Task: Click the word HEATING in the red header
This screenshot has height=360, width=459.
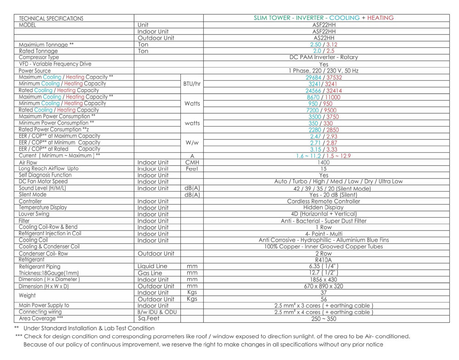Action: [380, 18]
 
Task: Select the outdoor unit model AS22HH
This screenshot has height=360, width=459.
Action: [324, 38]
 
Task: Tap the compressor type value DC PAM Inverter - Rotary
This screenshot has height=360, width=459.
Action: [324, 57]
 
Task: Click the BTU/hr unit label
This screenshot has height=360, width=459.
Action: [192, 83]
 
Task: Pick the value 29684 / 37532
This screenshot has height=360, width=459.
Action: [324, 78]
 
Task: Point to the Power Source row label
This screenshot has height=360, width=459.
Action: [34, 71]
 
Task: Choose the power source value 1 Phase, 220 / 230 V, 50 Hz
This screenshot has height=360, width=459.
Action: [324, 71]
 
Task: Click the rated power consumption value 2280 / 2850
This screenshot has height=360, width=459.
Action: [324, 130]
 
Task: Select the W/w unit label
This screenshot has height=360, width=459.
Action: [192, 143]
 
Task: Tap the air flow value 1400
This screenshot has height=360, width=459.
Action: [324, 162]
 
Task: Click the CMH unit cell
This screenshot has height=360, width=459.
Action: [192, 162]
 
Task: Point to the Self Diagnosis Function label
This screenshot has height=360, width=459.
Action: [45, 175]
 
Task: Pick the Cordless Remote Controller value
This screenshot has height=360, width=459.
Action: [324, 201]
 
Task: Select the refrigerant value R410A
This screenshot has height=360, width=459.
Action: [324, 260]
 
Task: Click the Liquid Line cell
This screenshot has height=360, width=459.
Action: [152, 266]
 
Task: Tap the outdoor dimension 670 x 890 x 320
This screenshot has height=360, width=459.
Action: [324, 286]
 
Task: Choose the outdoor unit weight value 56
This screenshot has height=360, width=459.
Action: [324, 299]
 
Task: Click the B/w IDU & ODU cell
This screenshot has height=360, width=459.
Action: [157, 312]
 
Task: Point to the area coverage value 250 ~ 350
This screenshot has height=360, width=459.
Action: [324, 319]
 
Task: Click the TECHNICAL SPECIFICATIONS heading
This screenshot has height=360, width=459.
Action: [51, 18]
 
